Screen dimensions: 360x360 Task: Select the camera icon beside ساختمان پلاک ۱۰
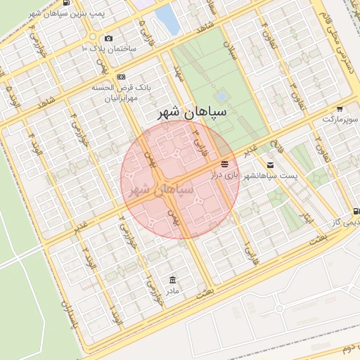(x=108, y=38)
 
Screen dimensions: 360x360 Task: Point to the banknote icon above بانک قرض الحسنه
(x=122, y=77)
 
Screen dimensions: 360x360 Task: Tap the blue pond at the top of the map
(x=168, y=19)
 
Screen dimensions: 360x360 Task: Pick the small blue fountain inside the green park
(x=222, y=95)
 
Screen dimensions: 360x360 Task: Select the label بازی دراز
(x=226, y=174)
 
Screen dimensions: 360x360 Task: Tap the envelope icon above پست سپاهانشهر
(x=271, y=165)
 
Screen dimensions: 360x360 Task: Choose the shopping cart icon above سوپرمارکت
(x=340, y=110)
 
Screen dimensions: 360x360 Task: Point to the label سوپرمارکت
(x=340, y=120)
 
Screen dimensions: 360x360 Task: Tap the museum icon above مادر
(x=172, y=278)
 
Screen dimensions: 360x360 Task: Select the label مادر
(x=172, y=289)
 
